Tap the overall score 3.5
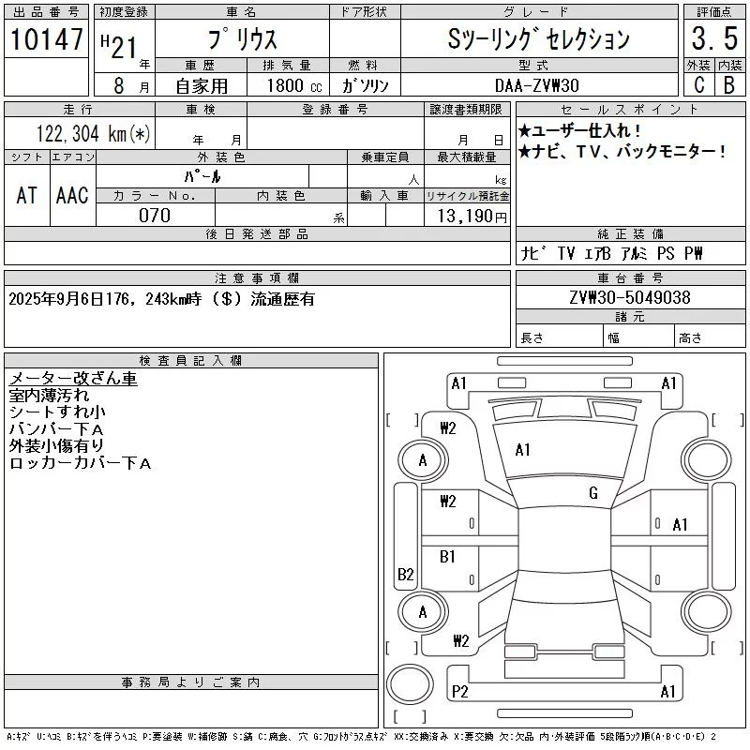coord(713,39)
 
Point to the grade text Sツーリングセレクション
coord(538,39)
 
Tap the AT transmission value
coord(26,195)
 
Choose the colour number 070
coord(155,216)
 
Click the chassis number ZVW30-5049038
coord(630,298)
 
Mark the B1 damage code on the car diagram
coord(447,556)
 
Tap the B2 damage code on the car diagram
coord(406,575)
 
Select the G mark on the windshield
coord(593,493)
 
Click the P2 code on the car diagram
coord(459,692)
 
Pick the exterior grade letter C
coord(698,85)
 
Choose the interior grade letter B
coord(728,85)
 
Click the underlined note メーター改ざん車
coord(73,379)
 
